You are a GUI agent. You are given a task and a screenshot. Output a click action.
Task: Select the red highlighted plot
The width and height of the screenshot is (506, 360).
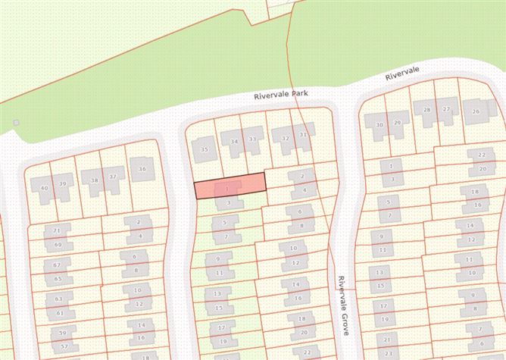[x=230, y=186]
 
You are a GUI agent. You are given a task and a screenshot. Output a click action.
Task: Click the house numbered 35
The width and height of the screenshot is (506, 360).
[x=204, y=149]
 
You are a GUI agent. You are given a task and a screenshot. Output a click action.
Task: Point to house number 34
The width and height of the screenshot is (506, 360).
[x=235, y=141]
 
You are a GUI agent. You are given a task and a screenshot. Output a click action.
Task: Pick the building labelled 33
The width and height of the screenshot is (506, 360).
[x=252, y=139]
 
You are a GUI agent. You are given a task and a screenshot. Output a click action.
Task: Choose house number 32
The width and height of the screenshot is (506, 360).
[x=285, y=138]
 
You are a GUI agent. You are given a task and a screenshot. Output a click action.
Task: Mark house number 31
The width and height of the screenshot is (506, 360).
[x=303, y=135]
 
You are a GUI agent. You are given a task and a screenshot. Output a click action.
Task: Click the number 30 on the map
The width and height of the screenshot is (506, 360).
[x=380, y=124]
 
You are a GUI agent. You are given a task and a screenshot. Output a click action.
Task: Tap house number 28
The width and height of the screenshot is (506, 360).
[x=427, y=110]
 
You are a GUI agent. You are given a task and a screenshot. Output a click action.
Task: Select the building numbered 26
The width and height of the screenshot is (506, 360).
[x=476, y=111]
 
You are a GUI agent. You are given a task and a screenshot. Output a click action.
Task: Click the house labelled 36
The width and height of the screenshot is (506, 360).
[x=142, y=169]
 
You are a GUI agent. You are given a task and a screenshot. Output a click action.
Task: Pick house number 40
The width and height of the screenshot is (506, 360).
[x=44, y=187]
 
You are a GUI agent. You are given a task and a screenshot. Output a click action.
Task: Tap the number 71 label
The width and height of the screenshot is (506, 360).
[x=56, y=230]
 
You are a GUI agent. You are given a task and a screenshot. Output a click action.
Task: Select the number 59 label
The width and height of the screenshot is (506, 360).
[x=64, y=332]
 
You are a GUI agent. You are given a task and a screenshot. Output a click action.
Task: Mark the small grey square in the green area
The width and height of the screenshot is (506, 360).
[x=15, y=122]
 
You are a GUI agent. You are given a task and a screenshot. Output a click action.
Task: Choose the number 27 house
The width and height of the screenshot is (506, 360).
[x=447, y=109]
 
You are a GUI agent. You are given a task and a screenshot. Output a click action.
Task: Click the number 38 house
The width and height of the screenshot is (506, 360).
[x=95, y=180]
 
